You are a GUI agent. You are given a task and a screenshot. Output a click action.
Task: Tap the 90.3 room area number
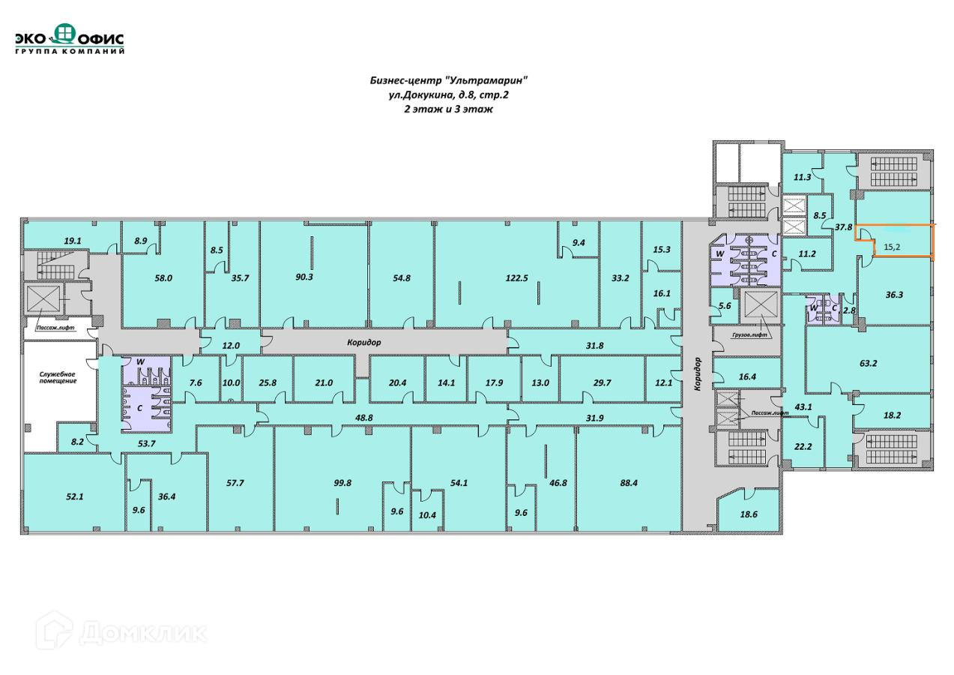(304, 277)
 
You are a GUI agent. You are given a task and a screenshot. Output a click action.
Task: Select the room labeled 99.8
(342, 483)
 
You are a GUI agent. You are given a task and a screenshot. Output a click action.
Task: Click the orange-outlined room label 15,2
(892, 246)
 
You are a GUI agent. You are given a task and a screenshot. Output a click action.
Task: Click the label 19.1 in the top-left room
(72, 241)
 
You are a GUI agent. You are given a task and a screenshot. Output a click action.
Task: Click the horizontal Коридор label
(364, 342)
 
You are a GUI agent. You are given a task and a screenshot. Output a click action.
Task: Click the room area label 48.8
(364, 417)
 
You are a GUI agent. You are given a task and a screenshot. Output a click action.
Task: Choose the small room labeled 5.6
(724, 306)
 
